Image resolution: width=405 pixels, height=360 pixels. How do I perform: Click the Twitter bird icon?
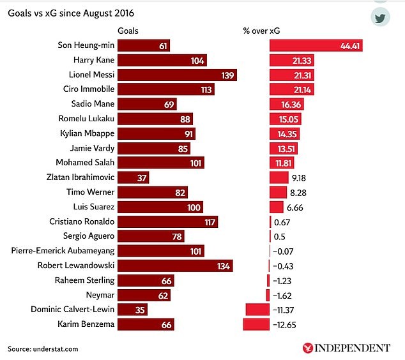(x=380, y=17)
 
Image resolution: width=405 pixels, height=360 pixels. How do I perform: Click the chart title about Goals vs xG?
(x=75, y=12)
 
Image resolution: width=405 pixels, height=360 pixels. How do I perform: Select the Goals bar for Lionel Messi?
(x=177, y=75)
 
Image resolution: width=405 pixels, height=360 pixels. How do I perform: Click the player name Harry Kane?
(x=93, y=60)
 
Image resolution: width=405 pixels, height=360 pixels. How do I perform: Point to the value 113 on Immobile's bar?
(x=206, y=89)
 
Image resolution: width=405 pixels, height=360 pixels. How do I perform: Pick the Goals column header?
(x=128, y=31)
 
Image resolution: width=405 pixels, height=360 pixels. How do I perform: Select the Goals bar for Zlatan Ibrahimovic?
(x=133, y=177)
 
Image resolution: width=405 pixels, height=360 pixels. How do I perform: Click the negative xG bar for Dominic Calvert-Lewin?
(x=257, y=310)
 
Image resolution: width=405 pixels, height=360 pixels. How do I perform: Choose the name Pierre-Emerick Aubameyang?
(x=63, y=251)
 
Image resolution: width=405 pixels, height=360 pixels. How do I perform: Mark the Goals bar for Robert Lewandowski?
(x=175, y=266)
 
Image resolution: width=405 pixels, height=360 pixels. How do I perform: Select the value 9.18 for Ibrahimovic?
(x=299, y=177)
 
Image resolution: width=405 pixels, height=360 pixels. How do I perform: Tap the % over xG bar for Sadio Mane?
(x=286, y=104)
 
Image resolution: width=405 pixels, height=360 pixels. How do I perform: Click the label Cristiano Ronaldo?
(x=82, y=221)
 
